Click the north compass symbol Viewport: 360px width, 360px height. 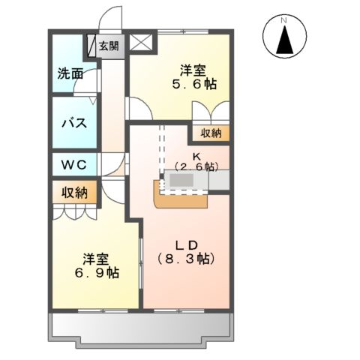(285, 37)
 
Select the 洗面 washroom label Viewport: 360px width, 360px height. (70, 74)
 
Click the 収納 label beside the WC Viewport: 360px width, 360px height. (75, 192)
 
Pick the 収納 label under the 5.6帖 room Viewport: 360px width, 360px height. (211, 133)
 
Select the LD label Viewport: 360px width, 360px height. (186, 244)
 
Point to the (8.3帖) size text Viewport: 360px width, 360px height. (186, 259)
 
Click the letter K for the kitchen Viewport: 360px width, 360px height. (193, 156)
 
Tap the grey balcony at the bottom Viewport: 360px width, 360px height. (140, 328)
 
